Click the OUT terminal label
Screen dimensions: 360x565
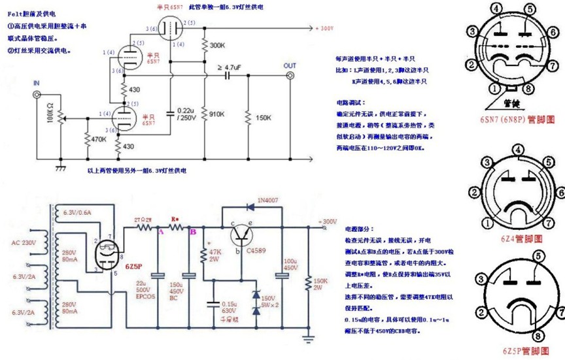click(x=290, y=65)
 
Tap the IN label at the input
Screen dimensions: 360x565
click(x=37, y=84)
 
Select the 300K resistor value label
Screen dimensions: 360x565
click(x=218, y=45)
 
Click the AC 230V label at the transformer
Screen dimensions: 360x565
click(x=24, y=243)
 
